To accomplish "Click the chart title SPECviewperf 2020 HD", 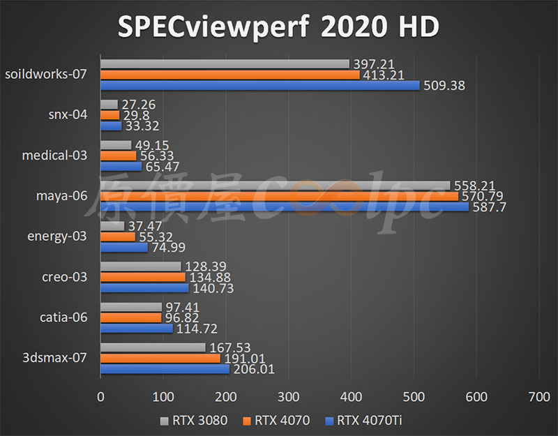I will [x=278, y=27].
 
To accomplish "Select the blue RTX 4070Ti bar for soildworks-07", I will [x=260, y=85].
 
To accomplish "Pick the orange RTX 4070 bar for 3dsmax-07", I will [x=160, y=358].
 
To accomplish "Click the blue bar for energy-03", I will [x=124, y=247].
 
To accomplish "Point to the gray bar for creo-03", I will [x=141, y=266].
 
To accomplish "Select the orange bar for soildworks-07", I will [x=230, y=75].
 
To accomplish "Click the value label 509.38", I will [x=444, y=86].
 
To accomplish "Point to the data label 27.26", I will [x=138, y=105].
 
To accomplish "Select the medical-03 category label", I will [x=56, y=155].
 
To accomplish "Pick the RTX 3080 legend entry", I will [x=188, y=420].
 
